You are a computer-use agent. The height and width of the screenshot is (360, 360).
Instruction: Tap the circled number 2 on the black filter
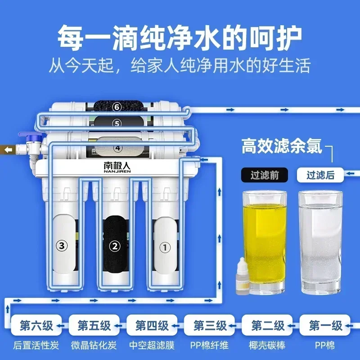pos(115,246)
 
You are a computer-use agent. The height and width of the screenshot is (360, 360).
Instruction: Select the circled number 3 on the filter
pos(62,246)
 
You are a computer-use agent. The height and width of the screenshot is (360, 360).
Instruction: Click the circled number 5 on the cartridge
pos(117,123)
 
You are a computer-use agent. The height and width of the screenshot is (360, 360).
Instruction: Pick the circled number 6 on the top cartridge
pos(117,107)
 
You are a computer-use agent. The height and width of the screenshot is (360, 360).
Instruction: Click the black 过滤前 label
pos(265,175)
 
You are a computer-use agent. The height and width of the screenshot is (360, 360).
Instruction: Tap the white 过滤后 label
pos(320,175)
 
